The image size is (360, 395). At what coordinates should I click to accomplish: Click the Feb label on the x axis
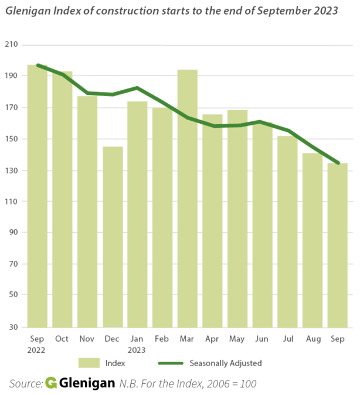point(162,339)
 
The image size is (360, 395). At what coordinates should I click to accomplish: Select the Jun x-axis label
point(262,339)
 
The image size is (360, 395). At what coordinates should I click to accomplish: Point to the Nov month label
point(87,339)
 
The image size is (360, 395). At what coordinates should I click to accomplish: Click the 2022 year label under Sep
point(37,350)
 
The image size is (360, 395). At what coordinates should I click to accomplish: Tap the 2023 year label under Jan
point(137,350)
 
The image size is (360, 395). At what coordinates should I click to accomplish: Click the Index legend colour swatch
point(90,363)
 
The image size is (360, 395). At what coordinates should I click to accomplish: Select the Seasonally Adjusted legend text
point(226,363)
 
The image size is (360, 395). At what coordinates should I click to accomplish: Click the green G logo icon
point(51,383)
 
